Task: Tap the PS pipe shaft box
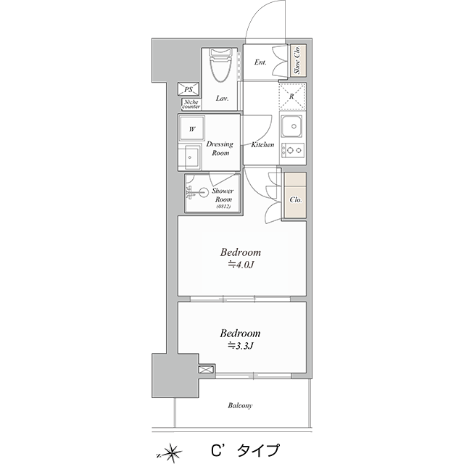(x=188, y=89)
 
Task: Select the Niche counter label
(x=191, y=104)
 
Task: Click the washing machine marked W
(x=192, y=128)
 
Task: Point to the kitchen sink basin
(x=292, y=126)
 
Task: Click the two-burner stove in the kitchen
(x=293, y=150)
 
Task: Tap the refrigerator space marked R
(x=292, y=96)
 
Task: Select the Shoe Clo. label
(x=297, y=60)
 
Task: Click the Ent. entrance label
(x=260, y=62)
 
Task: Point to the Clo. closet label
(x=296, y=200)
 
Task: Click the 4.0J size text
(x=241, y=265)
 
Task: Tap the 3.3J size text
(x=240, y=345)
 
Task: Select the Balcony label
(x=240, y=405)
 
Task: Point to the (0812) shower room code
(x=223, y=207)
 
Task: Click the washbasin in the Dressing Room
(x=188, y=157)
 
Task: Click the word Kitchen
(x=262, y=145)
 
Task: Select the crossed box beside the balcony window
(x=206, y=370)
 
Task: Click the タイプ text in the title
(x=258, y=451)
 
